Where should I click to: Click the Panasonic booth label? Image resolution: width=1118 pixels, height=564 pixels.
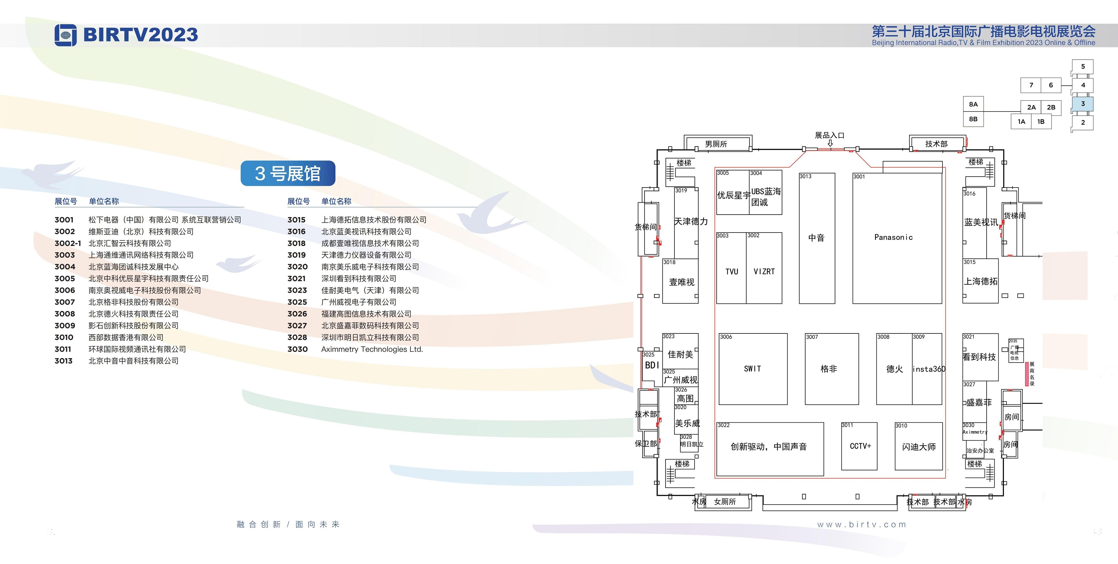[893, 237]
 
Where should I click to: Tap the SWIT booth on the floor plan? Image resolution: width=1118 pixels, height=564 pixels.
[753, 369]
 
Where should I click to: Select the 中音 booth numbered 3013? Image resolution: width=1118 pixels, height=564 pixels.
[817, 238]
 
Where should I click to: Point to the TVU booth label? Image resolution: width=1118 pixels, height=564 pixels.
[732, 272]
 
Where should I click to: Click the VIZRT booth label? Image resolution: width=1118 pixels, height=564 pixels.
[764, 272]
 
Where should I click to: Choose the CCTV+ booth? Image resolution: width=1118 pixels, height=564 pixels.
[859, 446]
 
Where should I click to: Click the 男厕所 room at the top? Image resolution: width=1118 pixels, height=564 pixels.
[716, 144]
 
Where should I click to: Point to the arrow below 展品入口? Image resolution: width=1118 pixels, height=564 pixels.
[830, 143]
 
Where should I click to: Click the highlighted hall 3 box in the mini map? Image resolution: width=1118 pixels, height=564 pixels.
[1083, 104]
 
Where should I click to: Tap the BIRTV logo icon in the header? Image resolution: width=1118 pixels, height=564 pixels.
[65, 35]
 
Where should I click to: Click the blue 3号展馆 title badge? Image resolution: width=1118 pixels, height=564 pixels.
[288, 173]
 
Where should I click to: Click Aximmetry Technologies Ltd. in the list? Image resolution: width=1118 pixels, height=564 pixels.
[372, 349]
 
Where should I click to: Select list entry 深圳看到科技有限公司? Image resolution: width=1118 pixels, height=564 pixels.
[359, 279]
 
